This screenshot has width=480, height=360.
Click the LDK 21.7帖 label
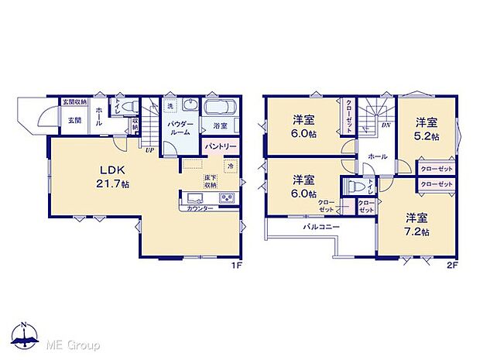106,176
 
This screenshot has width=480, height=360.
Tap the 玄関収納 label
76,102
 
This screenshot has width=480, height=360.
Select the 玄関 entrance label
74,120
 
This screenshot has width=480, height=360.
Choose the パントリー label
221,146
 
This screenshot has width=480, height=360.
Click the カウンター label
201,208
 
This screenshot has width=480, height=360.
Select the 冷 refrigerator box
230,166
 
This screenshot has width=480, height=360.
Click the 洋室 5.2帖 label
427,129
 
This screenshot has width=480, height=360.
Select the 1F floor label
235,266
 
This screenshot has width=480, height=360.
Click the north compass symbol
26,338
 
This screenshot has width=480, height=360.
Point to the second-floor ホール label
378,156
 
